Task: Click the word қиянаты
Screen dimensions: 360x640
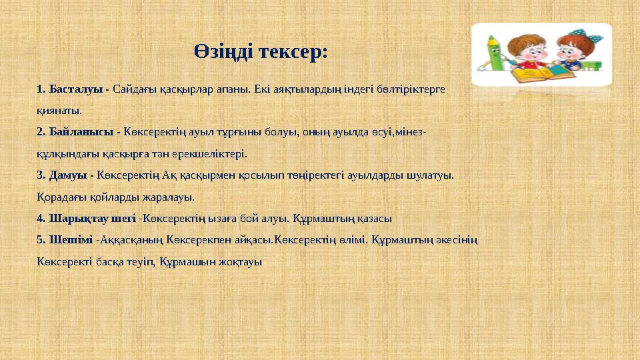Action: tap(59, 111)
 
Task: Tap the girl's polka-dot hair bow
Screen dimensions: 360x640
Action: tap(575, 33)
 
